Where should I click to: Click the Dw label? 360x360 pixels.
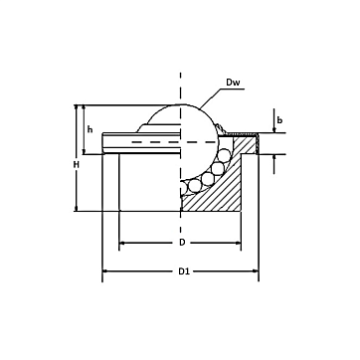(x=233, y=83)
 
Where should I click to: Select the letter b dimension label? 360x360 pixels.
(x=279, y=120)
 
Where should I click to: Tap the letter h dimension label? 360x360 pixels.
(x=90, y=130)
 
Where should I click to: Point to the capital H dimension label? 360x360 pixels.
(x=77, y=165)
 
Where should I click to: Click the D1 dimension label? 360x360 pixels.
(x=184, y=271)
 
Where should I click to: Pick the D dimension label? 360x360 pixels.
(x=182, y=243)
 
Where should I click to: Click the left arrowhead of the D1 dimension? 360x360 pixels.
(x=104, y=271)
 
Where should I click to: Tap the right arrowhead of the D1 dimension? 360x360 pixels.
(x=256, y=271)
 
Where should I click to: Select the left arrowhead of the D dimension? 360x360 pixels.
(x=121, y=243)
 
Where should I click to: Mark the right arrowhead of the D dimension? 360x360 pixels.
(x=238, y=243)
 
